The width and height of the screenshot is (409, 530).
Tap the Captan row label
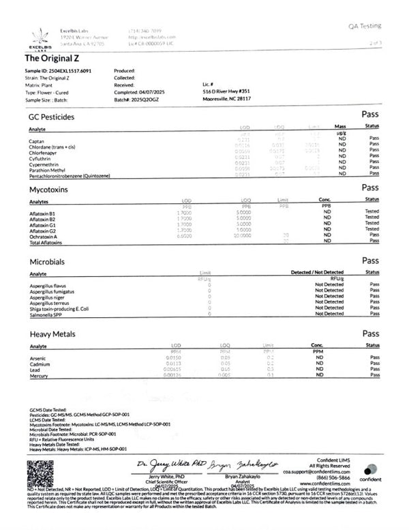[x=38, y=140]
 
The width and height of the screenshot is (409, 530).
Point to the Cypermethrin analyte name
[x=45, y=163]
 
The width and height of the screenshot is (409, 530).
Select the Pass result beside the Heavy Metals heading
[x=370, y=334]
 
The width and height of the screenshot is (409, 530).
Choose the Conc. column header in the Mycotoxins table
[x=327, y=200]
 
